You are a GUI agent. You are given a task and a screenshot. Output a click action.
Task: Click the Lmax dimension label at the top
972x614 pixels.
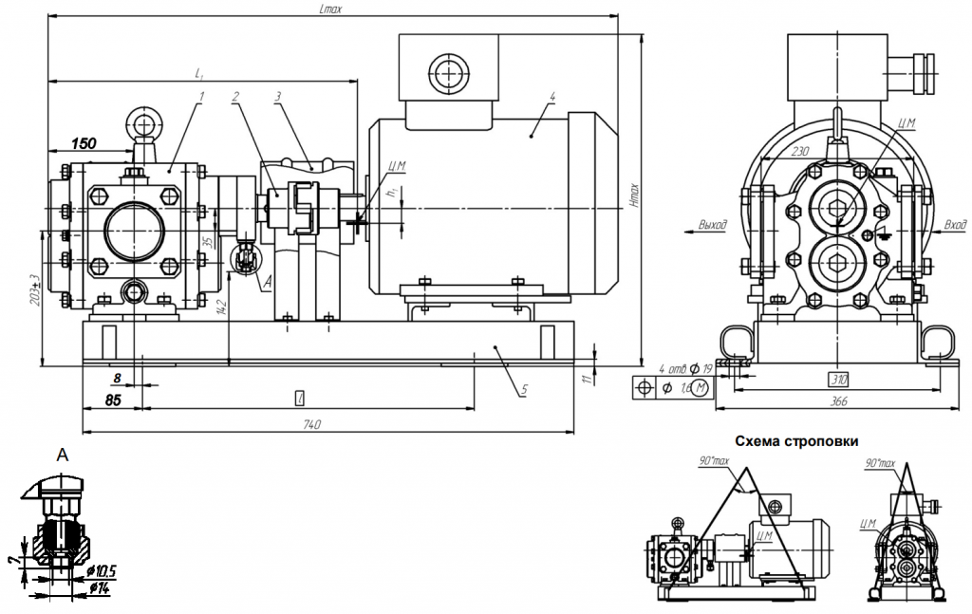(329, 9)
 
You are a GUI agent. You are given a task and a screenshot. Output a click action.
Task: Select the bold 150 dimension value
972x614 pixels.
(84, 143)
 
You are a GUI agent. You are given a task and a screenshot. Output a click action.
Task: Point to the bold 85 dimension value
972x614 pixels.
(113, 400)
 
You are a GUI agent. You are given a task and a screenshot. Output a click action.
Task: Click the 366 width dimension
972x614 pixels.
(840, 401)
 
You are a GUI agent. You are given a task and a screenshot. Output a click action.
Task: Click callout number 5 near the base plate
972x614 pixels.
(522, 389)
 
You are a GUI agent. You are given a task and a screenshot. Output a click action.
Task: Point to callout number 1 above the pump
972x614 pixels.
(201, 96)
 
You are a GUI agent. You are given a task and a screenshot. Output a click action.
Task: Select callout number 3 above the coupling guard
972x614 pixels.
(278, 96)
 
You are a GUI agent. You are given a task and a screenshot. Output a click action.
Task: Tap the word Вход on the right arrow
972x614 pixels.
(954, 225)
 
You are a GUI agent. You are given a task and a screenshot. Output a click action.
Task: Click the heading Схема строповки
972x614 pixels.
(795, 441)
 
